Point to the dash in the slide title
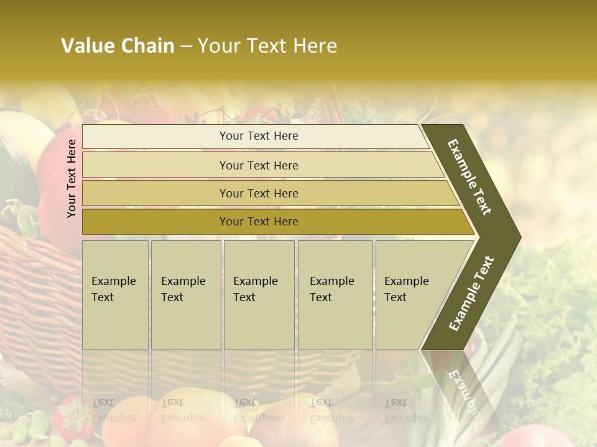(186, 47)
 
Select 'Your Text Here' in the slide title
(267, 46)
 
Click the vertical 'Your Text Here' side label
(72, 178)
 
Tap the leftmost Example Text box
(115, 295)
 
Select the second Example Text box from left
(186, 295)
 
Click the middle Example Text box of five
(259, 295)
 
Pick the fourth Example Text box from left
(335, 295)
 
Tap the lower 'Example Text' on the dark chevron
(471, 294)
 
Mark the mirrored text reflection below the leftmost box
(113, 410)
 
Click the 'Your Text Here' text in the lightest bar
(259, 136)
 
